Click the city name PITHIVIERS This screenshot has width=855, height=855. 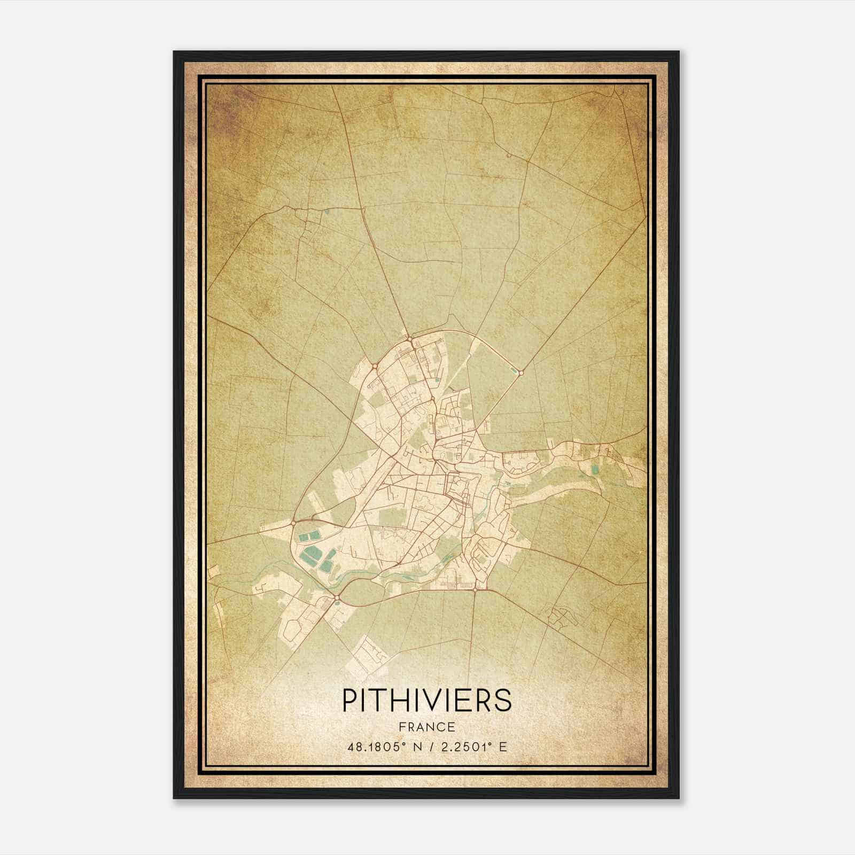pos(426,699)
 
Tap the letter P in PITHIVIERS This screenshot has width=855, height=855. pos(348,699)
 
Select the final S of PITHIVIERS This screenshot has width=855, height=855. pos(503,699)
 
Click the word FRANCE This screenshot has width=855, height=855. pos(426,727)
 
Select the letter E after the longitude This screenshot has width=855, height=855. pos(502,747)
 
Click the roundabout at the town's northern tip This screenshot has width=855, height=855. pos(409,338)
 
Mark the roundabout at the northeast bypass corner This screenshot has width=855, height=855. pos(520,372)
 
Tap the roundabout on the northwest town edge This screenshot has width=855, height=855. pos(375,366)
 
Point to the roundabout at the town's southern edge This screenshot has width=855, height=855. pos(475,589)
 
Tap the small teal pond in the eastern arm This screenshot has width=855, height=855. pos(595,470)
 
